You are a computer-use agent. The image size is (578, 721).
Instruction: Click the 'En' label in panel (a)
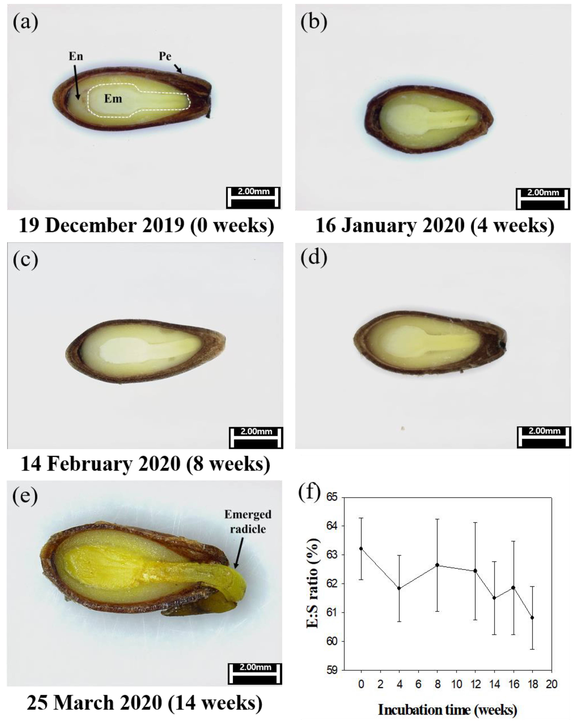pyautogui.click(x=76, y=56)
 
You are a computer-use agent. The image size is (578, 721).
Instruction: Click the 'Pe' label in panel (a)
pyautogui.click(x=165, y=56)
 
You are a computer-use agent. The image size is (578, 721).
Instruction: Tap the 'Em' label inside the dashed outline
pyautogui.click(x=113, y=99)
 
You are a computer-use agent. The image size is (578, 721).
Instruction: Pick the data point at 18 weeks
pyautogui.click(x=532, y=618)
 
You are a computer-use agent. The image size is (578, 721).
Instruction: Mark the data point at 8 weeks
pyautogui.click(x=437, y=565)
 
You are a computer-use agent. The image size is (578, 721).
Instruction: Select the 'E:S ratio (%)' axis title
pyautogui.click(x=313, y=584)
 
